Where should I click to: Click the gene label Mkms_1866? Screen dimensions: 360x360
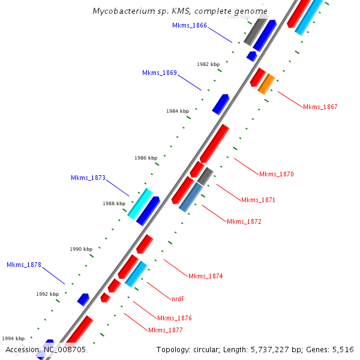[x=190, y=25]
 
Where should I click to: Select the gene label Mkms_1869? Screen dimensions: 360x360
[x=160, y=73]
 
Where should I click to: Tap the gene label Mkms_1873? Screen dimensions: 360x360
[x=88, y=178]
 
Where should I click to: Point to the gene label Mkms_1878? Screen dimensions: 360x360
[x=24, y=265]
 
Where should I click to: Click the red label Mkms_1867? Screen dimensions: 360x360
[x=320, y=107]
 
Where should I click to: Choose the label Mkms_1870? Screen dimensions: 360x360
[x=277, y=174]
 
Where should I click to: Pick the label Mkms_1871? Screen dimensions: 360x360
[x=259, y=200]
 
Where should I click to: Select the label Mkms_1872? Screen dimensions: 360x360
[x=244, y=221]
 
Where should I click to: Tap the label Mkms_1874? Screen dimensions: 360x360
[x=206, y=276]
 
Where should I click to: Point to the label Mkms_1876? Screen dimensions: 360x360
[x=175, y=318]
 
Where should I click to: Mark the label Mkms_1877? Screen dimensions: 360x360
[x=166, y=330]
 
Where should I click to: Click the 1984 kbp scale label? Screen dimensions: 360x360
[x=178, y=111]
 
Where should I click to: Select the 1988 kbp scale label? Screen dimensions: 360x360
[x=114, y=203]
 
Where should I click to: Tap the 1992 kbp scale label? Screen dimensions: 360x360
[x=47, y=294]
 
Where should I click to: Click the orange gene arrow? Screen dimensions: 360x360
[x=266, y=84]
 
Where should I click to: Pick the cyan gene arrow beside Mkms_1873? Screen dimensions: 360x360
[x=140, y=203]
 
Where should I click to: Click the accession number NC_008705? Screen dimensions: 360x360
[x=64, y=349]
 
